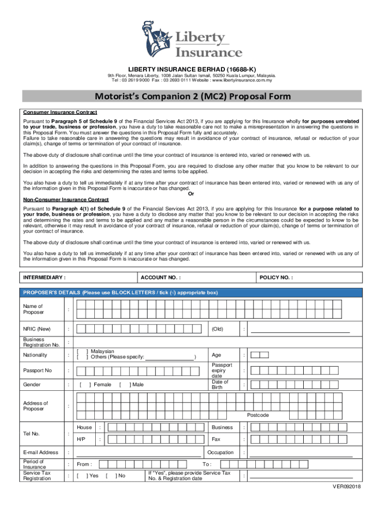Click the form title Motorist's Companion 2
coord(192,96)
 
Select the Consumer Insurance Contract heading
coord(60,112)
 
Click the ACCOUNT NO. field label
coord(161,277)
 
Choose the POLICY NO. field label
coord(276,277)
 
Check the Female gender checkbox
coord(85,385)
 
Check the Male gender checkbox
coord(125,385)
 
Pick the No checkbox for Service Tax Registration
coord(111,476)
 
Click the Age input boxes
coord(259,355)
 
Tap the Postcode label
coord(258,415)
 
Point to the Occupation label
coord(220,453)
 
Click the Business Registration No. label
coord(41,342)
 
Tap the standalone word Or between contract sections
coord(192,194)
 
